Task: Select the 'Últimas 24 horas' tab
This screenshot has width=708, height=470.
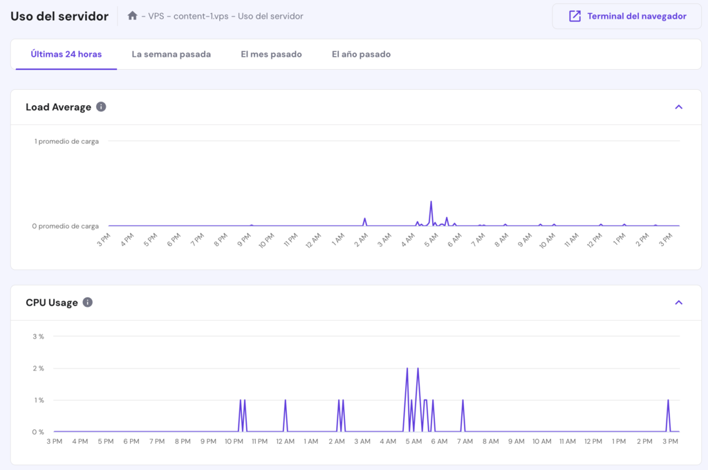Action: pos(66,54)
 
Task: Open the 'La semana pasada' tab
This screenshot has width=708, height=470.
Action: pos(171,54)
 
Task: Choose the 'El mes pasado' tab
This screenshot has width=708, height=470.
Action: pos(271,54)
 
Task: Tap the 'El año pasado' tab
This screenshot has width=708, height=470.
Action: pos(361,54)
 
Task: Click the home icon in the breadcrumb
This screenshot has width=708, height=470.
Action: pos(133,15)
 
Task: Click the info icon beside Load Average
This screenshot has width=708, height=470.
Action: pos(101,107)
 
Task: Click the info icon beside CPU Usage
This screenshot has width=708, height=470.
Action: pos(88,303)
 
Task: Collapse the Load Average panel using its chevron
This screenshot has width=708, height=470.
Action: pos(678,107)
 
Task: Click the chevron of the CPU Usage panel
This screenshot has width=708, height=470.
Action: pos(678,303)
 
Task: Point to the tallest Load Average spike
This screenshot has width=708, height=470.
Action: pos(431,203)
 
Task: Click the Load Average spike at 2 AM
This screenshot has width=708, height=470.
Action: pos(364,219)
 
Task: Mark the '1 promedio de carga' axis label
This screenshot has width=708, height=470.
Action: pos(66,141)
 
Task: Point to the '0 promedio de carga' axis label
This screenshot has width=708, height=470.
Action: pos(66,226)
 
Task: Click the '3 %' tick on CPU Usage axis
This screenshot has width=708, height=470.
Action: pos(38,337)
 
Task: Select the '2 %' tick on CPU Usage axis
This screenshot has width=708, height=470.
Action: pos(38,368)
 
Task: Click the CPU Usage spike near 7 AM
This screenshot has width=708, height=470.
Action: pos(463,401)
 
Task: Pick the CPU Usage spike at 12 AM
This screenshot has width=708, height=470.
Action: pos(285,401)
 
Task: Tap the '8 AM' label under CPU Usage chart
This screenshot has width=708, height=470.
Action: pos(490,442)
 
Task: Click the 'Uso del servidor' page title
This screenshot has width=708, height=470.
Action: pos(59,16)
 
